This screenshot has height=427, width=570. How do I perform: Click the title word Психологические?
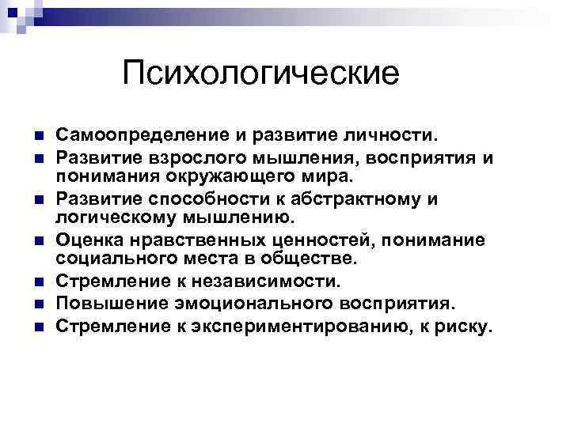click(x=261, y=76)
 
